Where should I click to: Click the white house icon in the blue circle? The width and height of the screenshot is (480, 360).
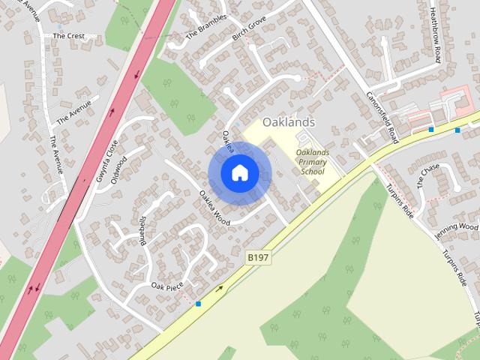[239, 172]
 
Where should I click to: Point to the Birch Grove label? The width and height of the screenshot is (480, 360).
[250, 29]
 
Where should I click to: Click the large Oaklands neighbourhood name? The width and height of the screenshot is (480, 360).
[289, 121]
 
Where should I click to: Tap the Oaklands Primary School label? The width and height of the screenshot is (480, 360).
[312, 162]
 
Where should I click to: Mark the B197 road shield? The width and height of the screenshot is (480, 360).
[258, 257]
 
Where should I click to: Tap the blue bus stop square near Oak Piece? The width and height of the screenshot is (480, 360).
[198, 304]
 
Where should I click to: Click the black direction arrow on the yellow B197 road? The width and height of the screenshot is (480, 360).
[220, 288]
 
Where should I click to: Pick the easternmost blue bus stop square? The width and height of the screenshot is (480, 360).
[457, 130]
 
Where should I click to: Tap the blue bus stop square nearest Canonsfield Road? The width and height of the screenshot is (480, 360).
[431, 130]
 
